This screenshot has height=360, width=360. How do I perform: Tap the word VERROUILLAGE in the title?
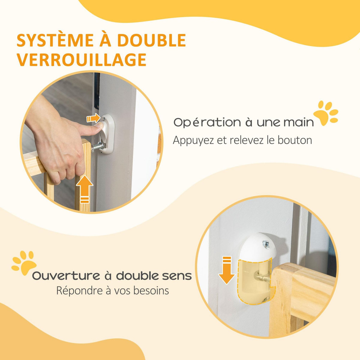coord(82,59)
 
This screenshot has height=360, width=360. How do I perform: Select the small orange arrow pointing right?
coord(93,118)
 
